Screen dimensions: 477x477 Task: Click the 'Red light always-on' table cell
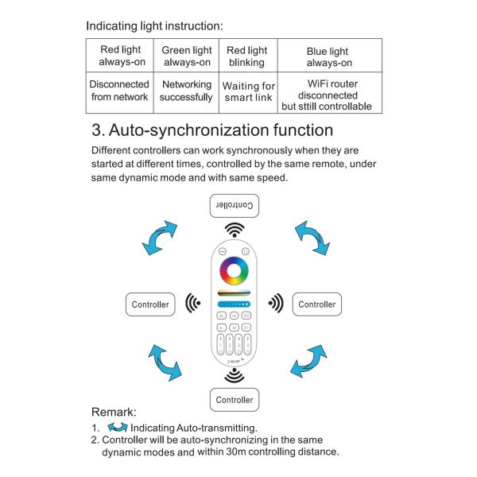pyautogui.click(x=120, y=56)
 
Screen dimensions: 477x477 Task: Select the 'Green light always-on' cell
pyautogui.click(x=187, y=56)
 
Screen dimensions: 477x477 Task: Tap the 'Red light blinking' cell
pyautogui.click(x=247, y=56)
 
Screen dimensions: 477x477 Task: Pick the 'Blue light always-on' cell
pyautogui.click(x=328, y=56)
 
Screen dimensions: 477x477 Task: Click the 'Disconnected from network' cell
pyautogui.click(x=120, y=91)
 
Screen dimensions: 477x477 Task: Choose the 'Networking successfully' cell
pyautogui.click(x=187, y=91)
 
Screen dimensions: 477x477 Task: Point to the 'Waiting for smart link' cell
pyautogui.click(x=247, y=91)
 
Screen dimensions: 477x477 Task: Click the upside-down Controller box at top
pyautogui.click(x=235, y=206)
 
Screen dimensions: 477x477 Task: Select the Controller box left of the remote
pyautogui.click(x=150, y=304)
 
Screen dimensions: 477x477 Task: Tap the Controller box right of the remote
pyautogui.click(x=317, y=304)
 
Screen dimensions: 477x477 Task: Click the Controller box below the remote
pyautogui.click(x=235, y=399)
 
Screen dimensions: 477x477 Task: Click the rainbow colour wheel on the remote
pyautogui.click(x=235, y=271)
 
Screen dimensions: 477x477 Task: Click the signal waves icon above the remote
pyautogui.click(x=235, y=231)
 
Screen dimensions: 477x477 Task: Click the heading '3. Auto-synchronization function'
pyautogui.click(x=211, y=130)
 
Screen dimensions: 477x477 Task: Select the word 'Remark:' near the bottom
pyautogui.click(x=114, y=413)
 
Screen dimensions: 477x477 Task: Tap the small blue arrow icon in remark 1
pyautogui.click(x=117, y=428)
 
